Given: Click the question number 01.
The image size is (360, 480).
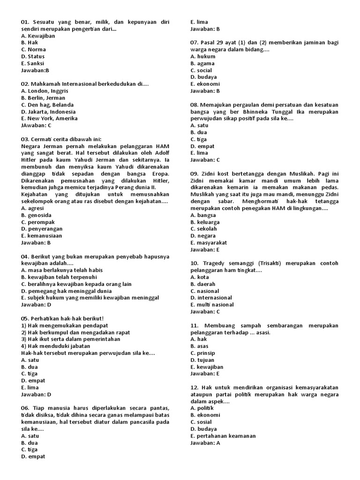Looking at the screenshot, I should pos(25,22).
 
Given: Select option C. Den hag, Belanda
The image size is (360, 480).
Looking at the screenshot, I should pos(47,105).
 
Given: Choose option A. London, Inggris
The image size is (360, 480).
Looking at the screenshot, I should pos(45,91).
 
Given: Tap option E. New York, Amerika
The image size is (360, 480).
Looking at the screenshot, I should pos(49,119).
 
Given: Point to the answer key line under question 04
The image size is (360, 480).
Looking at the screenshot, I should pos(36,305).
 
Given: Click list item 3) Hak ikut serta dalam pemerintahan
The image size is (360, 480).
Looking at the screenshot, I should pos(70,339).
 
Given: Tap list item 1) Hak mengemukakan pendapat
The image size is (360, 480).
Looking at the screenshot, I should pos(65,325).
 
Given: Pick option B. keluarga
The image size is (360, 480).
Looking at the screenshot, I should pos(205,222).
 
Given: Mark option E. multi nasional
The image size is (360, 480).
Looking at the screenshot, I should pos(212,305).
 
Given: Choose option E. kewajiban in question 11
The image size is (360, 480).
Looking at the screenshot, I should pos(207,367).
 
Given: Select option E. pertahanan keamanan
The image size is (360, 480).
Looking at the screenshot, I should pos(223,436).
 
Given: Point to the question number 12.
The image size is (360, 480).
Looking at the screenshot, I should pos(195,388).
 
